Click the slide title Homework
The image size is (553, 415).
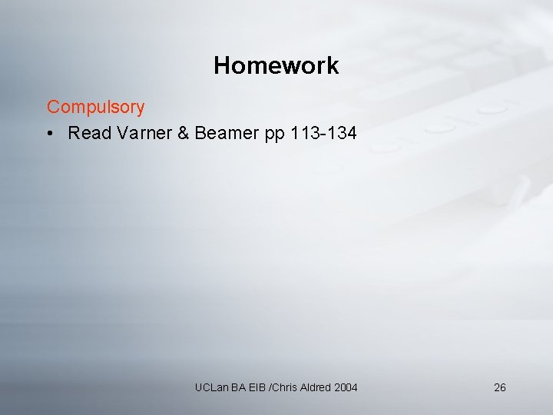point(276,66)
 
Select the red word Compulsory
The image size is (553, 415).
point(95,107)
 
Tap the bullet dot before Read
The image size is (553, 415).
point(48,134)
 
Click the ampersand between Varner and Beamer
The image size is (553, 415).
point(183,134)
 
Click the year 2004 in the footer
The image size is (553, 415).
point(346,387)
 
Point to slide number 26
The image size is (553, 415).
point(499,387)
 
